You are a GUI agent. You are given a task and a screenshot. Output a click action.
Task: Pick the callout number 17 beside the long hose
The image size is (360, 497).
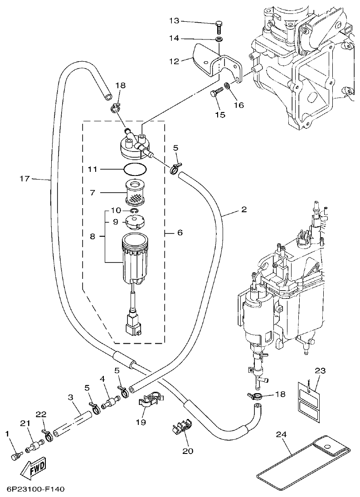24,179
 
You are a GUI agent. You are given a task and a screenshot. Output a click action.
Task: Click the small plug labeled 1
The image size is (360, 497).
15,454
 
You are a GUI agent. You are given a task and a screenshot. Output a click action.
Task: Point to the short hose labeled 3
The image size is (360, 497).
70,422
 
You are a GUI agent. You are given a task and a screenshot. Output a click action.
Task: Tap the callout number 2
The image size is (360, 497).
244,210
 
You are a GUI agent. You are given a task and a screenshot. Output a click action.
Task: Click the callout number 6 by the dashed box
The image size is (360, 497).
180,232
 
